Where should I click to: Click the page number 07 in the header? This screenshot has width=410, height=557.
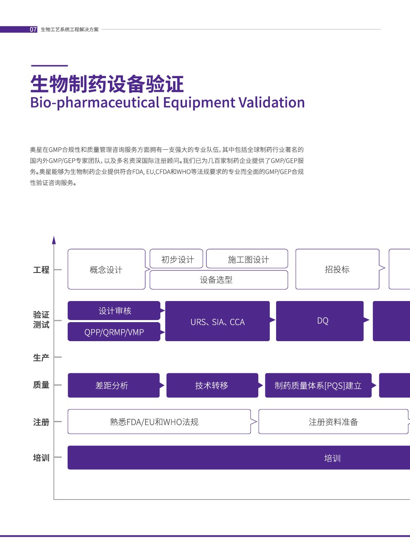click(x=33, y=29)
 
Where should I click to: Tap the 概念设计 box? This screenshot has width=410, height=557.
click(x=106, y=269)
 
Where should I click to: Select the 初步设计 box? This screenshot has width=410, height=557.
click(x=176, y=258)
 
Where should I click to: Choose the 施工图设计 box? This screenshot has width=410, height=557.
click(x=247, y=258)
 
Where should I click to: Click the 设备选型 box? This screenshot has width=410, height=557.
click(x=219, y=280)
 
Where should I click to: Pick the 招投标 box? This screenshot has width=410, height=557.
click(x=337, y=269)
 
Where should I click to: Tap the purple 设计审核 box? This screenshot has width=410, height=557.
click(x=114, y=311)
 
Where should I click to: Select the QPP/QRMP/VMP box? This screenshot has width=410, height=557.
click(x=114, y=332)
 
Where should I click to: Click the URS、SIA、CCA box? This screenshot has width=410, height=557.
click(x=217, y=321)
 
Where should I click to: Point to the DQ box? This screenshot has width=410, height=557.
click(x=320, y=321)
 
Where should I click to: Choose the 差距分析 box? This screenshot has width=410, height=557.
click(x=114, y=385)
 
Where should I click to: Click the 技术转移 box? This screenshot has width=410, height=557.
click(x=212, y=385)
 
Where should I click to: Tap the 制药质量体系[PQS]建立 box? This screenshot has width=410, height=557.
click(x=318, y=385)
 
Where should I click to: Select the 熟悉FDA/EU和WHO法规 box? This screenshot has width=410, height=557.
click(x=159, y=422)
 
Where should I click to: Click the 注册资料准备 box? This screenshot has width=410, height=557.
click(x=334, y=422)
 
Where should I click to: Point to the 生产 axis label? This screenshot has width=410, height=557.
click(x=41, y=358)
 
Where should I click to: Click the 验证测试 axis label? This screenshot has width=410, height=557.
click(x=41, y=320)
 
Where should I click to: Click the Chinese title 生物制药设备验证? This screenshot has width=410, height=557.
click(x=107, y=84)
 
